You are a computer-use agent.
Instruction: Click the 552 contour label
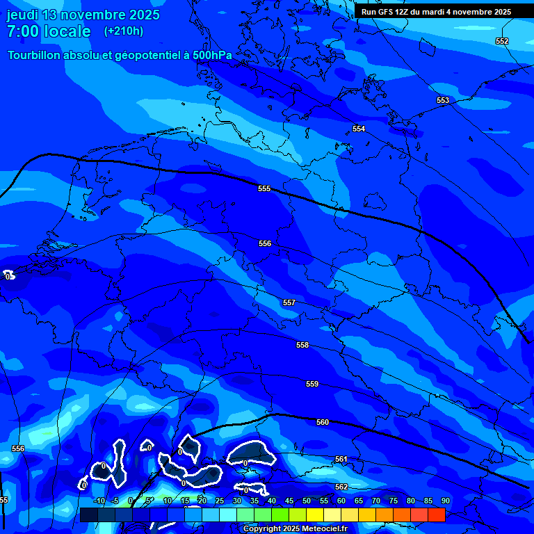coord(501,41)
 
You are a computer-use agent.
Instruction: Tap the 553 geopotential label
coord(442,101)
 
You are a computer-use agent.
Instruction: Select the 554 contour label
coord(358,129)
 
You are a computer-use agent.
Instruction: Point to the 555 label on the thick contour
coord(264,188)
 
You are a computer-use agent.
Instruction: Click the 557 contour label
coord(289,302)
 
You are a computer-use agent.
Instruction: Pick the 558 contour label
coord(302,345)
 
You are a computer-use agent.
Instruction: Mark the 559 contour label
coord(312,384)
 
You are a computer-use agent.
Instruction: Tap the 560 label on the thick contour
coord(322,422)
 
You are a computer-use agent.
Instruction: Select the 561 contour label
coord(341,459)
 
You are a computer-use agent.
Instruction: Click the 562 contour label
coord(341,487)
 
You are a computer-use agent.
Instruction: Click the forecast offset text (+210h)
coord(123,31)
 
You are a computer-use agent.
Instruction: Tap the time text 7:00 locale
coord(49,31)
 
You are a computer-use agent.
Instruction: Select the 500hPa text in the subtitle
coord(212,55)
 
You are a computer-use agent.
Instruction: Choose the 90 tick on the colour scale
coord(445,501)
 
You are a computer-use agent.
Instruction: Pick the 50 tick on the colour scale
coord(306,501)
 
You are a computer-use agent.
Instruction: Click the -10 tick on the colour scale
coord(99,501)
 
